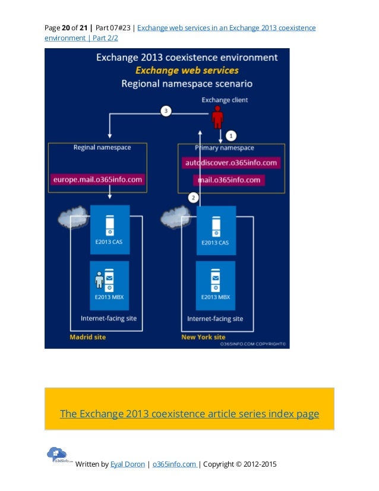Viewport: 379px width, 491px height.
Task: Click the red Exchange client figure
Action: [218, 117]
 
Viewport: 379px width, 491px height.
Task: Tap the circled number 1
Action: [232, 134]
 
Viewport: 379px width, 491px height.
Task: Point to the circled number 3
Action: [167, 111]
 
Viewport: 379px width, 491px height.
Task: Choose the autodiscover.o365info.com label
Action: [229, 162]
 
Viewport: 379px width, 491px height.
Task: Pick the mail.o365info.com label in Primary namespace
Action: [229, 180]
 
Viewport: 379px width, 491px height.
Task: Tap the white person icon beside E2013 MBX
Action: [99, 279]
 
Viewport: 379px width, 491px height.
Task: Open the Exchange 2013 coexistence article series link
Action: [190, 414]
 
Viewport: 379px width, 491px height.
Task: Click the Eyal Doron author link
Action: [127, 464]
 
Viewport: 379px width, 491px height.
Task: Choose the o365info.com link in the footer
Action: [174, 464]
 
